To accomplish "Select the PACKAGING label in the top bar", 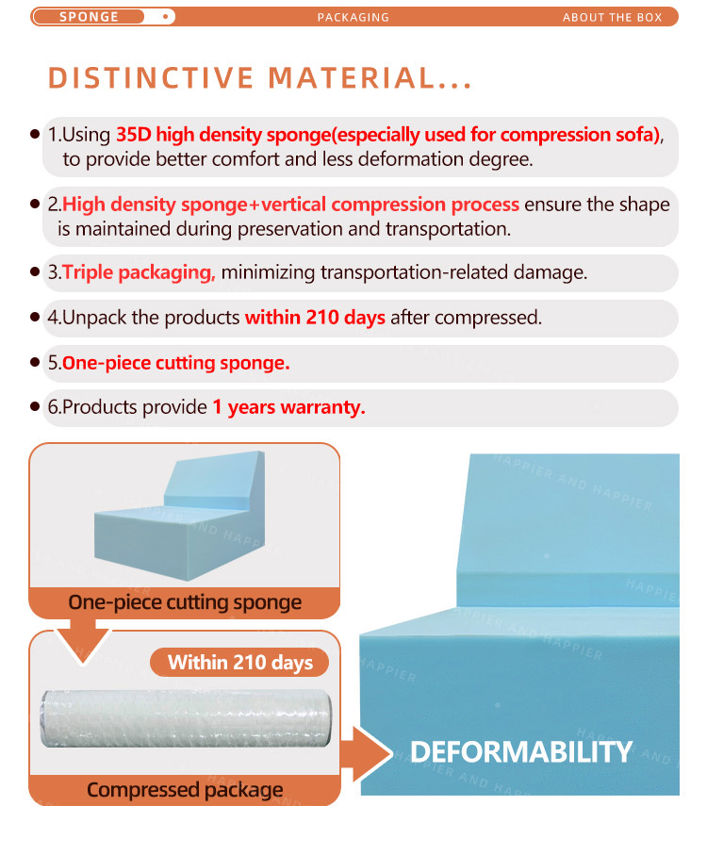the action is pyautogui.click(x=353, y=18).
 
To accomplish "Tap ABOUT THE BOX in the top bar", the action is pyautogui.click(x=612, y=18).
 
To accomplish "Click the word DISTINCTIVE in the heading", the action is pyautogui.click(x=151, y=78).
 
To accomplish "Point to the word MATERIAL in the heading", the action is pyautogui.click(x=352, y=78).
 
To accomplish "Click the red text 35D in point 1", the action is pyautogui.click(x=134, y=134).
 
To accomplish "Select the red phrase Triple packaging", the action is pyautogui.click(x=139, y=272).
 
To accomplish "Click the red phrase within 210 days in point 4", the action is pyautogui.click(x=315, y=318).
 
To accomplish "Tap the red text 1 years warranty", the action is pyautogui.click(x=288, y=407).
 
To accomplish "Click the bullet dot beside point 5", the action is pyautogui.click(x=35, y=363).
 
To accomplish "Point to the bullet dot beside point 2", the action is pyautogui.click(x=35, y=205).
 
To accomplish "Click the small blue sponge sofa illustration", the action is pyautogui.click(x=180, y=516).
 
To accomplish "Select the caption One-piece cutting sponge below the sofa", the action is pyautogui.click(x=185, y=602).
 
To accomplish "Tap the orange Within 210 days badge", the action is pyautogui.click(x=239, y=663).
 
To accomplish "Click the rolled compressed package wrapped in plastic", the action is pyautogui.click(x=186, y=718).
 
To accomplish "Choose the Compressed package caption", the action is pyautogui.click(x=185, y=790).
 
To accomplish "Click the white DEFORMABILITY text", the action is pyautogui.click(x=521, y=752).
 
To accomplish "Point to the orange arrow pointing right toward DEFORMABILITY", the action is pyautogui.click(x=367, y=753).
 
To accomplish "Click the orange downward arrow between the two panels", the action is pyautogui.click(x=83, y=642).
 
